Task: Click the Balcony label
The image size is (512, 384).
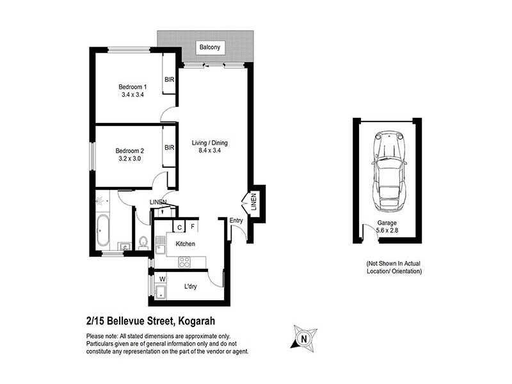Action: click(209, 47)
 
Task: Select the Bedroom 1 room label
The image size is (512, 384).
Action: click(132, 87)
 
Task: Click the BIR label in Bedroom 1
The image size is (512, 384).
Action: click(170, 80)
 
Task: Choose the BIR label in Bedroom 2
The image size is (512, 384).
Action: click(170, 148)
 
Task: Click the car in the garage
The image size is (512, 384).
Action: click(388, 172)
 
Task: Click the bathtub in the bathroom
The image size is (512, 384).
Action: click(102, 231)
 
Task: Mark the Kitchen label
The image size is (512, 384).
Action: click(185, 244)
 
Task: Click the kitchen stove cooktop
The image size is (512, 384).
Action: click(184, 261)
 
